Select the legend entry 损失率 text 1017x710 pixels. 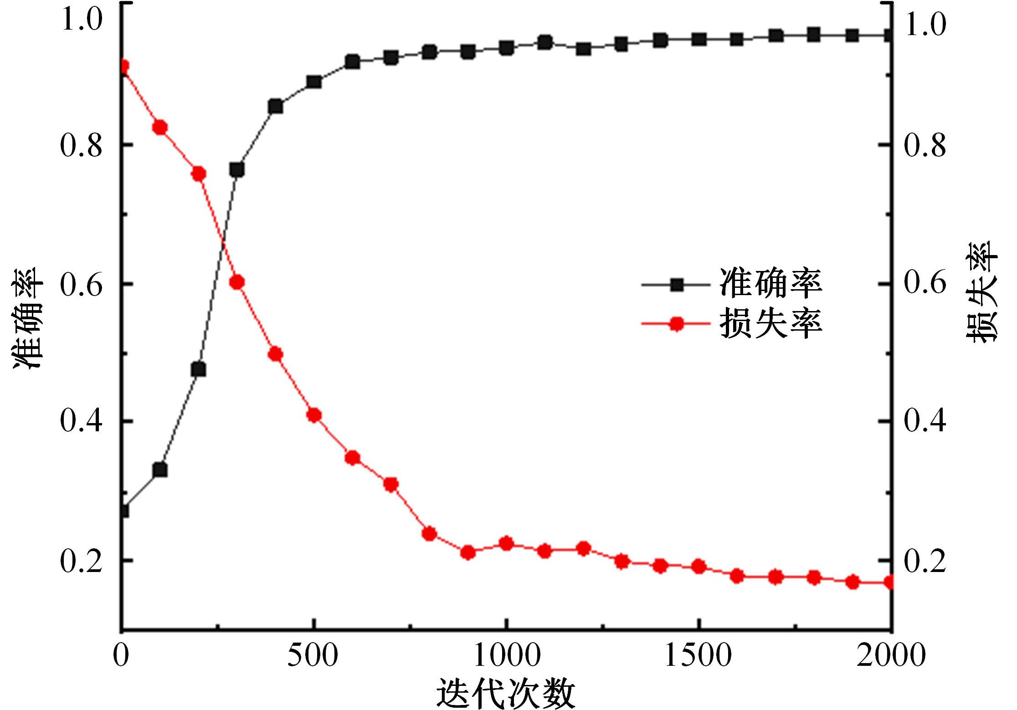click(x=770, y=324)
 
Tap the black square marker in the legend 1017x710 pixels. click(x=677, y=285)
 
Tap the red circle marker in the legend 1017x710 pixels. click(x=677, y=324)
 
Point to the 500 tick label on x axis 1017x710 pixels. click(x=313, y=656)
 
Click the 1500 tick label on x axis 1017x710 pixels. click(x=698, y=656)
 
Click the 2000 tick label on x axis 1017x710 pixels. click(x=891, y=656)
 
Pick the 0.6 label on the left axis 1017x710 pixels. click(x=81, y=284)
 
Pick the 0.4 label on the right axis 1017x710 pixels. click(x=925, y=421)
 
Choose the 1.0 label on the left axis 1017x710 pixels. click(x=81, y=20)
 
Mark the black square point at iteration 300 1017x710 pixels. click(x=237, y=170)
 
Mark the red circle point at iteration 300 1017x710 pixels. click(x=237, y=282)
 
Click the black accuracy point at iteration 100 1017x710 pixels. click(x=160, y=470)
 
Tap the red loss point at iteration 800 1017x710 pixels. click(x=429, y=534)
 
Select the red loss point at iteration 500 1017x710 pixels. click(x=314, y=415)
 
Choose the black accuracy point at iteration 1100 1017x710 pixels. click(x=545, y=43)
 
